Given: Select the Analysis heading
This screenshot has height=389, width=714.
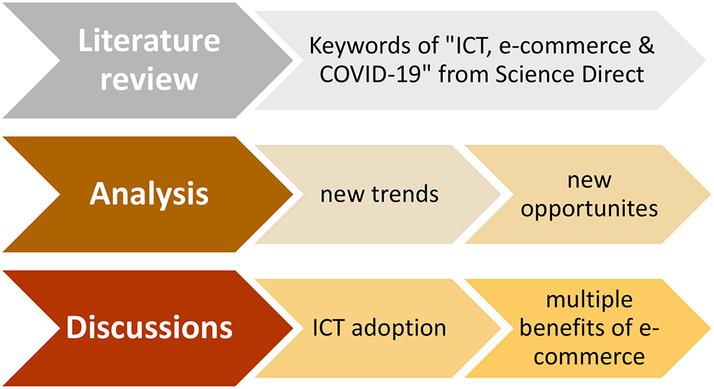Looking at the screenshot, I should point(149,194).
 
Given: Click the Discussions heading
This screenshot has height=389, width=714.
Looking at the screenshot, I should point(149,327).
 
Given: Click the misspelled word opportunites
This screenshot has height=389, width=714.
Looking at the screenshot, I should point(589,209).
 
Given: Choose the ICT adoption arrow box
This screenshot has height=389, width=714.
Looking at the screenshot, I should point(379,328).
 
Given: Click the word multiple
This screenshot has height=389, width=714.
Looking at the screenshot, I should point(589,303).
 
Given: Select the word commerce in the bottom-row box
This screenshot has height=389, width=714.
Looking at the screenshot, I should point(589,354).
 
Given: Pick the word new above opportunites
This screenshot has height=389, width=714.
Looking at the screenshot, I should point(589,180).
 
